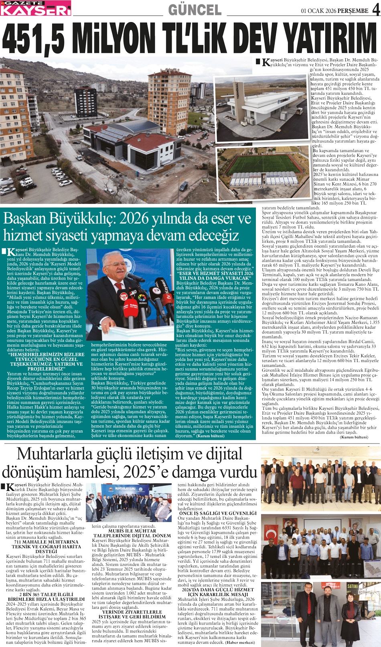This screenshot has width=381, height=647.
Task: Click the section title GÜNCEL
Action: coord(195,10)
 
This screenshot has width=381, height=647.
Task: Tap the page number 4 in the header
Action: coord(376,9)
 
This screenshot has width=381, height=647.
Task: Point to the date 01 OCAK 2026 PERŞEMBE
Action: coord(334,11)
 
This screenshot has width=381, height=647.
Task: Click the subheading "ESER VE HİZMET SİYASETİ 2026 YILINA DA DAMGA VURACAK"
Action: coord(215,276)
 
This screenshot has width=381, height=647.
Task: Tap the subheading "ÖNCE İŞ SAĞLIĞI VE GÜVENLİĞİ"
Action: coord(217,513)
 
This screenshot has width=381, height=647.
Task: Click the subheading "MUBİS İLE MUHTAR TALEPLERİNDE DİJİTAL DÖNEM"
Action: coord(132,533)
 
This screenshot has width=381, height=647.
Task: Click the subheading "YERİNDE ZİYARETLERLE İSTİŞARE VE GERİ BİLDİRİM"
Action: coord(132,614)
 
